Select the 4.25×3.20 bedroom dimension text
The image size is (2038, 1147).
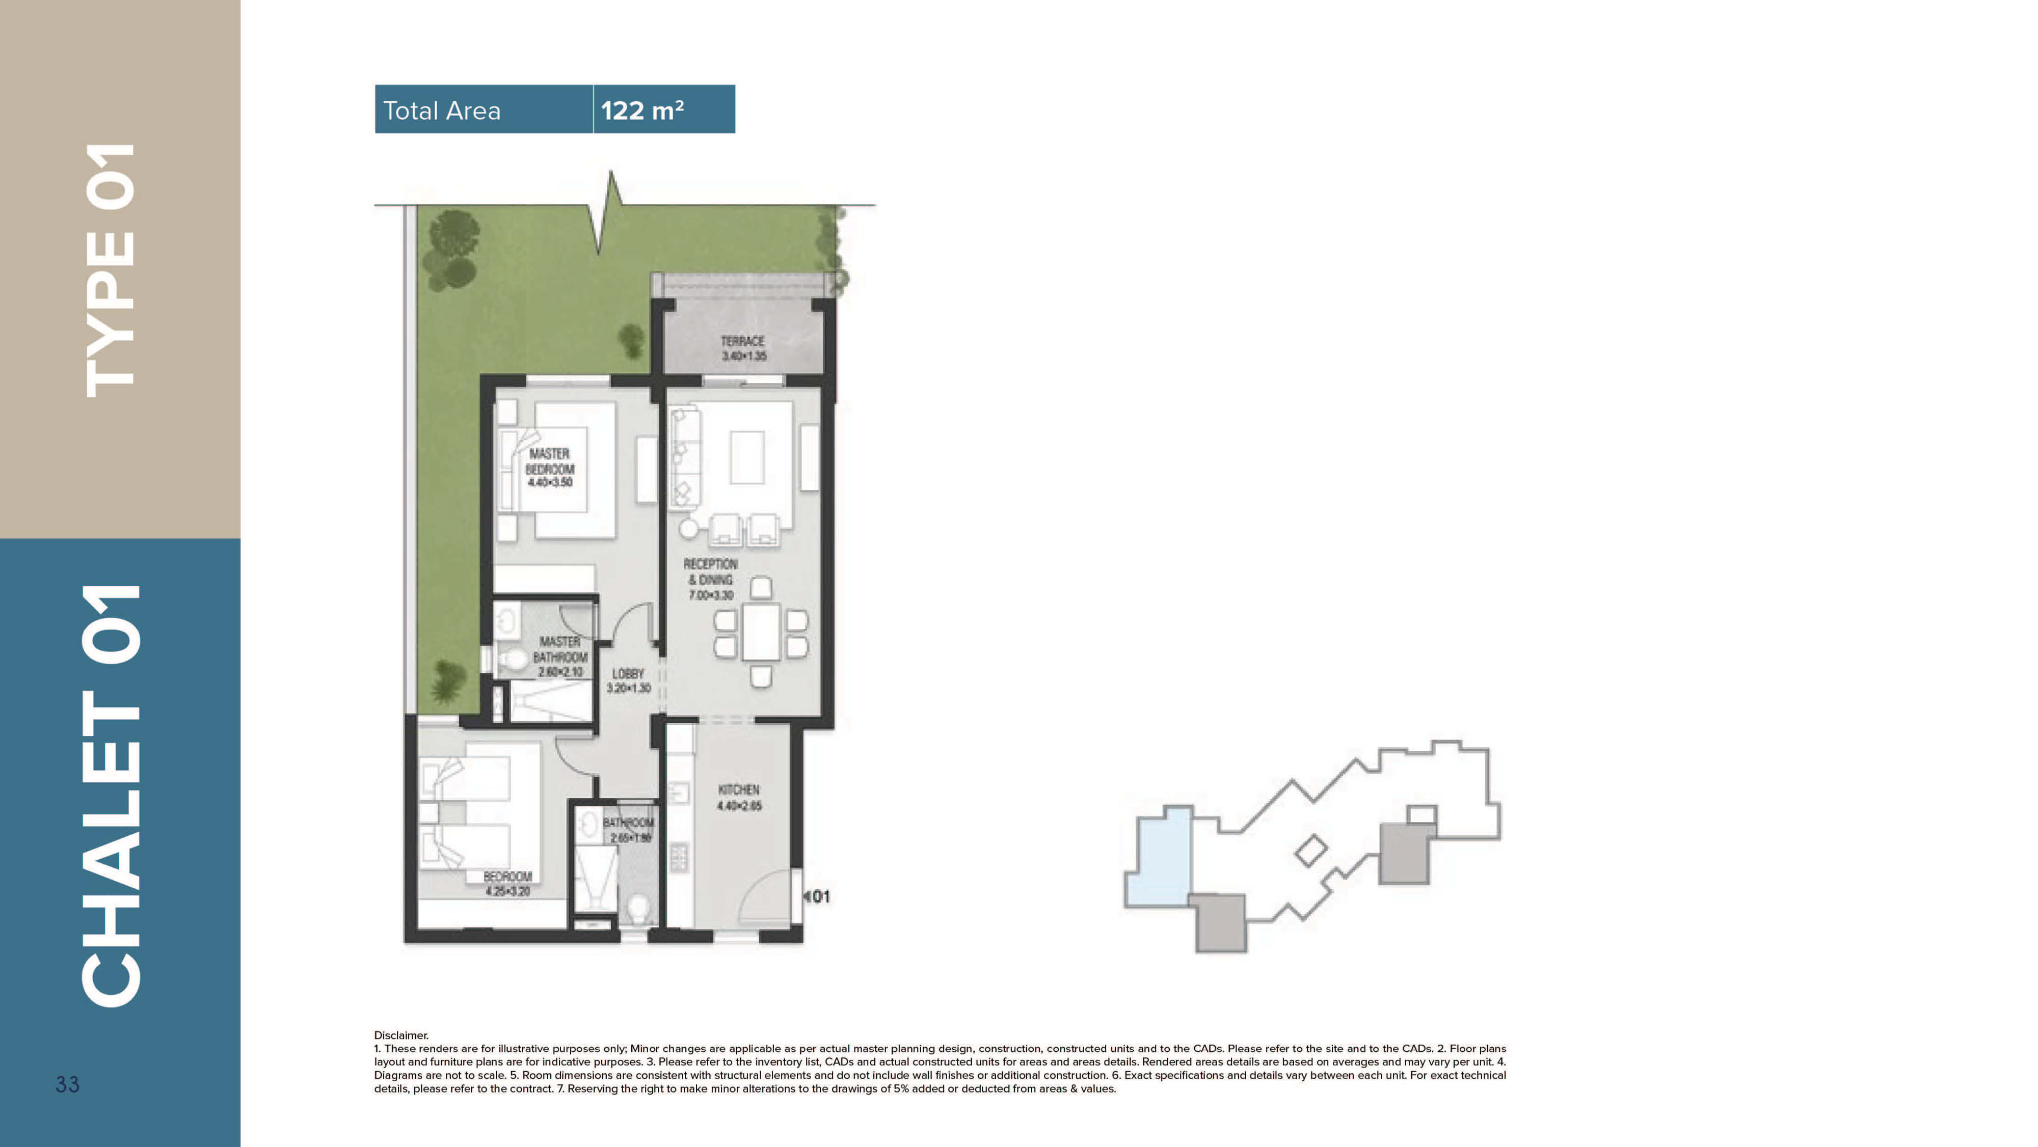[508, 891]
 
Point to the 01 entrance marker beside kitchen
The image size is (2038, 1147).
[818, 896]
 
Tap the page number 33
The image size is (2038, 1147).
[67, 1084]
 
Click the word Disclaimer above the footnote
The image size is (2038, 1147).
[401, 1034]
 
